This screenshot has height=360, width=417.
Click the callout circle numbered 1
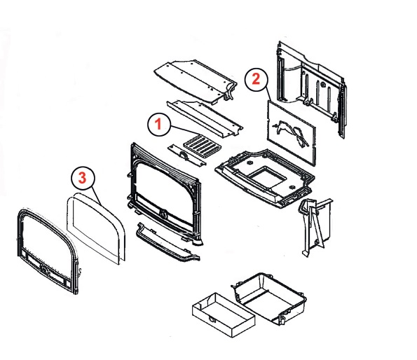(x=159, y=125)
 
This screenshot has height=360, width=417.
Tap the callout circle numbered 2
(x=256, y=80)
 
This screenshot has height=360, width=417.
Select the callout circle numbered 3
(x=83, y=178)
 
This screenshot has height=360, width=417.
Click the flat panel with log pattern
(x=292, y=133)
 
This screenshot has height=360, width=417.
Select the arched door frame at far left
(x=48, y=251)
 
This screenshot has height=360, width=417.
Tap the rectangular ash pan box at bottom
(x=224, y=315)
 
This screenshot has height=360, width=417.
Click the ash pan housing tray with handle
(x=269, y=298)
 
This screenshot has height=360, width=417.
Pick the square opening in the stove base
(x=267, y=176)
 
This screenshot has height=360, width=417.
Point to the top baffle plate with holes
(x=196, y=81)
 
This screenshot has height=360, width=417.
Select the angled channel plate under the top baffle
(x=205, y=118)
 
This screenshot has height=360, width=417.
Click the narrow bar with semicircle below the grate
(x=186, y=155)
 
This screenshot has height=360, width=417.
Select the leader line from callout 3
(x=96, y=196)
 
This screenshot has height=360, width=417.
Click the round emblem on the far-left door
(x=44, y=270)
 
